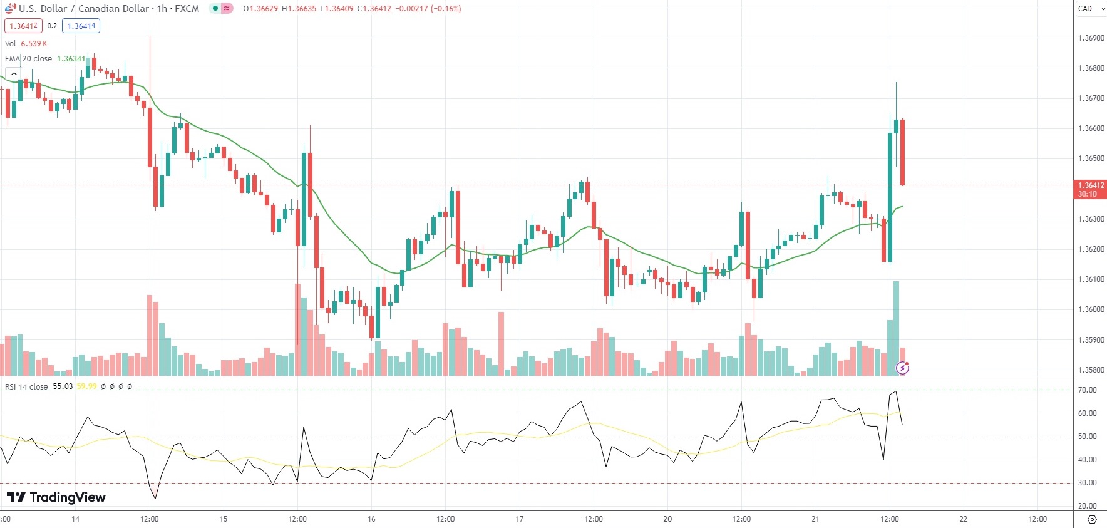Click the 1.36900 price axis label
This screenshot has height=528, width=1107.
[1091, 38]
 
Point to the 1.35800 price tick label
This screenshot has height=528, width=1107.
[1091, 370]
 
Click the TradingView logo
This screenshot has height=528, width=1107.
[56, 497]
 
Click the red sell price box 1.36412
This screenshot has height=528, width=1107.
[23, 26]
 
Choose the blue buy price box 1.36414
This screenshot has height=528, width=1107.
[81, 26]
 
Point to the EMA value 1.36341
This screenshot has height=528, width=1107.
[71, 59]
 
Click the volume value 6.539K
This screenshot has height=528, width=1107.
[34, 44]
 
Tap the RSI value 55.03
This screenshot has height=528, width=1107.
[63, 386]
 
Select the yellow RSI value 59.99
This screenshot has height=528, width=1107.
[87, 386]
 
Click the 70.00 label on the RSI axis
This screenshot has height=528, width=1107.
[1087, 390]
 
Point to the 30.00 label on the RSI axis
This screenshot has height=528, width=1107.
[1087, 483]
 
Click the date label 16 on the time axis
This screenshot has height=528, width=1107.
[371, 519]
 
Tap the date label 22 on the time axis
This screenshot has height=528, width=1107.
[964, 519]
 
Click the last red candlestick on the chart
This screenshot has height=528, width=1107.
[902, 152]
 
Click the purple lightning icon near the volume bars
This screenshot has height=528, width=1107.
[902, 368]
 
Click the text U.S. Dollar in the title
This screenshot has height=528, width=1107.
[43, 9]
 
